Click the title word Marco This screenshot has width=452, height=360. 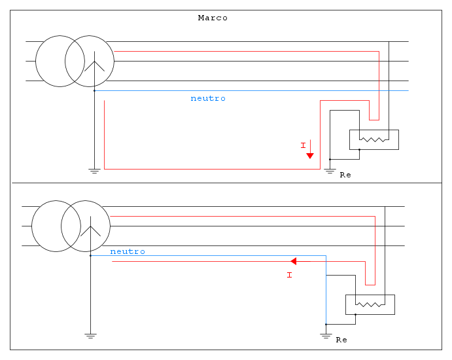point(213,18)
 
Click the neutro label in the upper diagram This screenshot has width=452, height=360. point(208,98)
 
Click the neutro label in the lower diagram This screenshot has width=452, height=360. point(128,251)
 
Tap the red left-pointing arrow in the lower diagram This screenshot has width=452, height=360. point(294,261)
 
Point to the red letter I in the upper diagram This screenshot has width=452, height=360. point(303,145)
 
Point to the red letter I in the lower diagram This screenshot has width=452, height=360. point(289,275)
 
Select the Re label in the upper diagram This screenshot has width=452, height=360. point(345,175)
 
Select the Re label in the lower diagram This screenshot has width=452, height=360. point(341,340)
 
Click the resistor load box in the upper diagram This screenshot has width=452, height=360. point(374,139)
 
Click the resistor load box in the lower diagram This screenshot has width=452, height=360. point(370,304)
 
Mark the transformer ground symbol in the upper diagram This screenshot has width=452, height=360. point(94,171)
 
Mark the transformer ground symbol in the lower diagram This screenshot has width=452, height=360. point(90,336)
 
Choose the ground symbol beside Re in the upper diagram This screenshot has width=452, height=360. point(330,170)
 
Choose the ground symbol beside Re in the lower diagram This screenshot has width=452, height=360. point(326,335)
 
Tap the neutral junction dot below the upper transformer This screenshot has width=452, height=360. point(94,91)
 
